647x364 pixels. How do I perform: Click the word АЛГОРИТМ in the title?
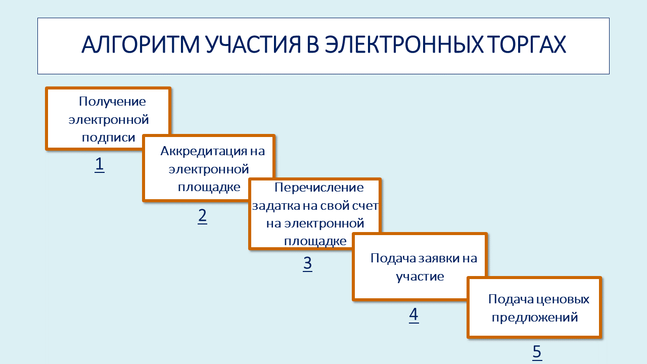pos(141,44)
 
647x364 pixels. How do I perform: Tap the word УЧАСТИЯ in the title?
pos(253,44)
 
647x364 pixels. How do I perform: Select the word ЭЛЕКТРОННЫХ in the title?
pos(404,44)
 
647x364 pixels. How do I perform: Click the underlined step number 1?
pos(100,164)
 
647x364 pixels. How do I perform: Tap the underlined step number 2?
pos(203,215)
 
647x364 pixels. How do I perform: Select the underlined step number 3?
pos(308,263)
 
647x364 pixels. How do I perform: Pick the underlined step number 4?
pos(414,314)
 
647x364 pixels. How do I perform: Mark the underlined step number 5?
pos(537,352)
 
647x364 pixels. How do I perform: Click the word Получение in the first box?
pos(112,102)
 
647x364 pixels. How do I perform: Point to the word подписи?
pos(109,138)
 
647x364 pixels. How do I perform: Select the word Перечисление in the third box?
pos(319,188)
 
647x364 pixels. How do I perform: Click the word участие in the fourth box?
pos(420,277)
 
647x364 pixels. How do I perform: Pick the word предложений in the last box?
pos(535,317)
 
